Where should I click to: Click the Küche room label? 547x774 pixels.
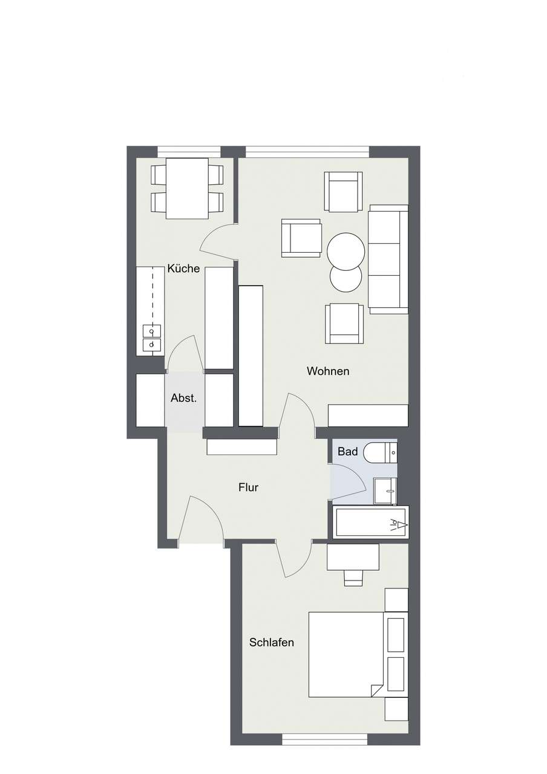[x=183, y=268]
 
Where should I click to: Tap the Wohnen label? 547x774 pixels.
[x=328, y=371]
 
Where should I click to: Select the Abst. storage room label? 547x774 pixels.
[x=184, y=398]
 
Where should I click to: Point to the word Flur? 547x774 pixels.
[x=248, y=487]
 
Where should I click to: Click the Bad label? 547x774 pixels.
[x=347, y=452]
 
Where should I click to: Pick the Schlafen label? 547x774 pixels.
[x=272, y=642]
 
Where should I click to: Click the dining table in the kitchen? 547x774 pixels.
[x=187, y=188]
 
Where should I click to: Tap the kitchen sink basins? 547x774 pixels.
[x=152, y=337]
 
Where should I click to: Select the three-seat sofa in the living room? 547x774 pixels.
[x=388, y=259]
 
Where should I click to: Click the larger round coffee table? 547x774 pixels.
[x=346, y=251]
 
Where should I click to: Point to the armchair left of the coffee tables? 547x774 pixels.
[x=301, y=238]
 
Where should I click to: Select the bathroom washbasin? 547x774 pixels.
[x=384, y=490]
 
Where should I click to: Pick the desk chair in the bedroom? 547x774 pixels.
[x=353, y=577]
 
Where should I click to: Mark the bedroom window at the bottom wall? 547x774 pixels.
[x=325, y=739]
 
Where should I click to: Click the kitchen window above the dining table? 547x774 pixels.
[x=189, y=152]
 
